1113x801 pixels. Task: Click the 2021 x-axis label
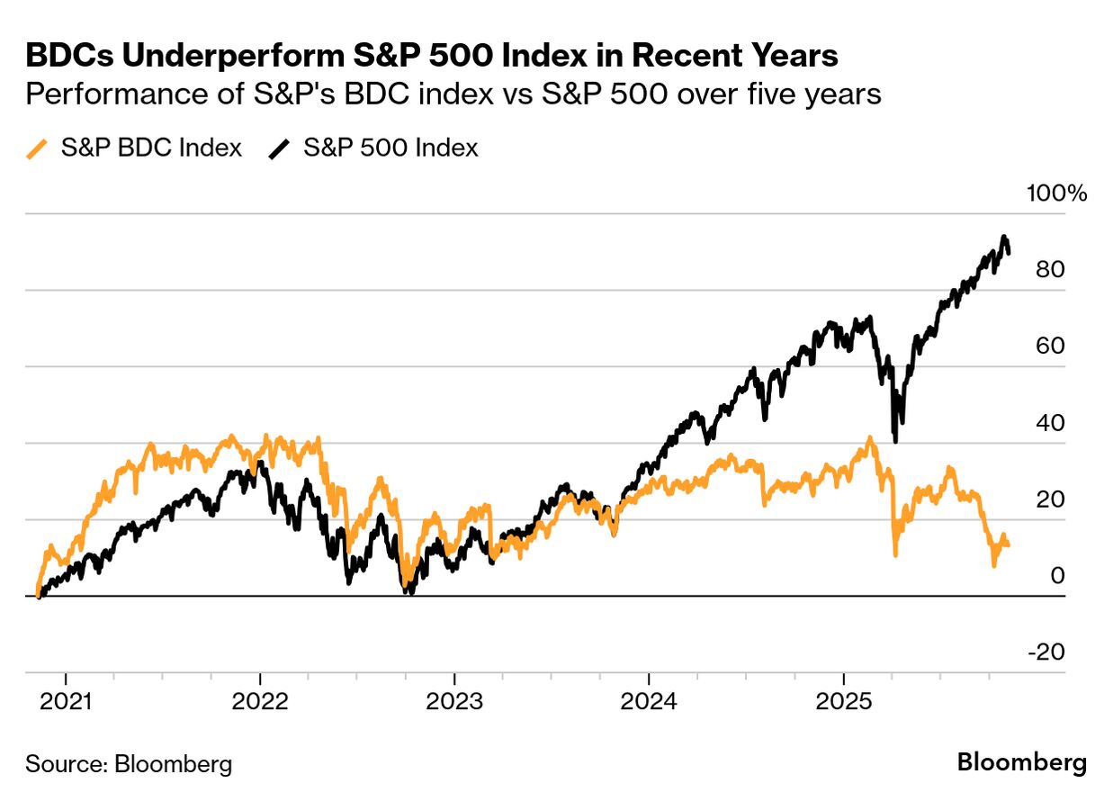pyautogui.click(x=67, y=703)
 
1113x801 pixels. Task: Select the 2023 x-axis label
pyautogui.click(x=455, y=703)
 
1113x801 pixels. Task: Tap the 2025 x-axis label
pyautogui.click(x=843, y=703)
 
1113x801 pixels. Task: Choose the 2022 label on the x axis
pyautogui.click(x=260, y=703)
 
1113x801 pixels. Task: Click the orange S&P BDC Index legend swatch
pyautogui.click(x=39, y=148)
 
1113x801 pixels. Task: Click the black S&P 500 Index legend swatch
pyautogui.click(x=280, y=148)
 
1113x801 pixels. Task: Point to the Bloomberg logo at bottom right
pyautogui.click(x=1021, y=763)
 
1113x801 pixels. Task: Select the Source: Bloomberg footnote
pyautogui.click(x=129, y=765)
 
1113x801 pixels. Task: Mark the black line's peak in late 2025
pyautogui.click(x=1003, y=238)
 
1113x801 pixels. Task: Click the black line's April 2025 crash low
pyautogui.click(x=894, y=440)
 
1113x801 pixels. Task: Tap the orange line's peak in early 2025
pyautogui.click(x=868, y=439)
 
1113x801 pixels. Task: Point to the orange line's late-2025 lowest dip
pyautogui.click(x=994, y=564)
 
